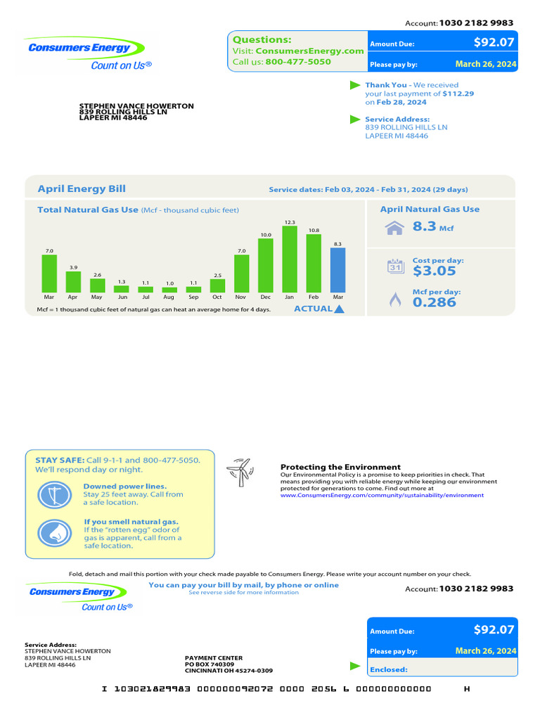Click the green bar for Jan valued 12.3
click(290, 259)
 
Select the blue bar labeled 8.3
click(338, 270)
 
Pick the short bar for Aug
click(169, 290)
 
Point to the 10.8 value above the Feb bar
click(314, 230)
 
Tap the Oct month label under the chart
click(217, 297)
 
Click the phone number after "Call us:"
click(298, 62)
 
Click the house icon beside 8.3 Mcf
click(394, 228)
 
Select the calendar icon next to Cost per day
click(395, 266)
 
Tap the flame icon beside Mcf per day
click(395, 300)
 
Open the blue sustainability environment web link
click(382, 495)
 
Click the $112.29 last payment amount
click(458, 94)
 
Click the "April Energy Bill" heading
click(82, 188)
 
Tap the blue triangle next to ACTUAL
click(340, 309)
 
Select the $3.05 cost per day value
click(435, 271)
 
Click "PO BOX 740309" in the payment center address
click(210, 664)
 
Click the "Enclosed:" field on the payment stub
click(389, 669)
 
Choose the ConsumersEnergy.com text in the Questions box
click(310, 51)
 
